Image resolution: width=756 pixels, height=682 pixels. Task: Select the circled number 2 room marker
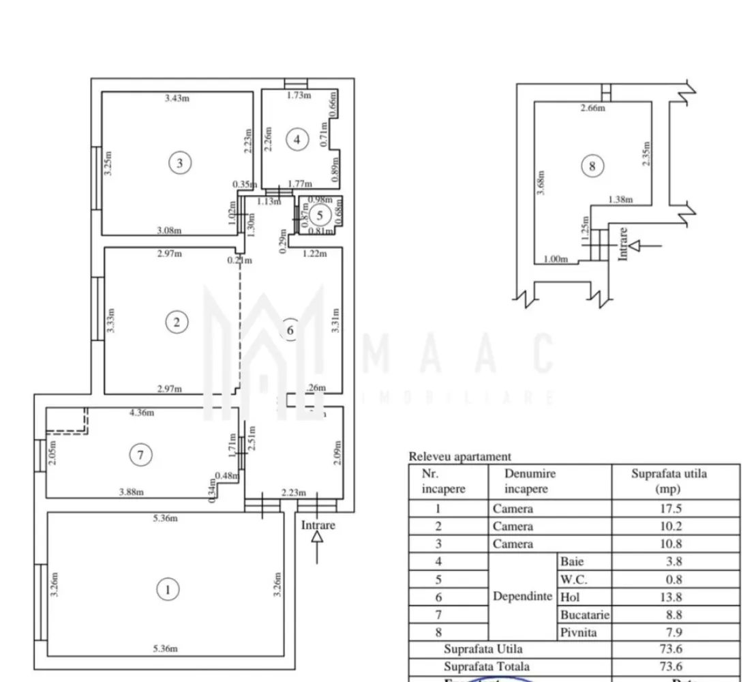click(x=177, y=322)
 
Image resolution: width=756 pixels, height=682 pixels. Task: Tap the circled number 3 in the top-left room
click(x=180, y=162)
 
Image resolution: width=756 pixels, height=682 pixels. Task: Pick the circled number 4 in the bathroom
click(x=297, y=140)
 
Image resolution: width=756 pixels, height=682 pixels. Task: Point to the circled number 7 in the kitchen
click(x=141, y=455)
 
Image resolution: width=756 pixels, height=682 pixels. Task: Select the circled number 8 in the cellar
click(x=592, y=166)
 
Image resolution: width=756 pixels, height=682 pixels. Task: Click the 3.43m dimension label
click(x=177, y=98)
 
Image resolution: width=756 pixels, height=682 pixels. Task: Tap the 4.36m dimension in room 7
click(x=142, y=412)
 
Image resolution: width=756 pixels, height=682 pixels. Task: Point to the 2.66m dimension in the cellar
click(x=592, y=107)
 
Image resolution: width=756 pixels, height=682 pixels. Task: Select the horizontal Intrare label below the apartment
click(x=318, y=525)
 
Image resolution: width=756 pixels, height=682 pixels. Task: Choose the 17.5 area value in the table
click(x=676, y=509)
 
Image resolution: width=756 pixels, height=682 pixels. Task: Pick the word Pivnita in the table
click(x=578, y=632)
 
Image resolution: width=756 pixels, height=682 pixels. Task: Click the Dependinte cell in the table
click(x=522, y=596)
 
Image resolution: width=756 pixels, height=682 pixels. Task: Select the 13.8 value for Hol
click(x=676, y=597)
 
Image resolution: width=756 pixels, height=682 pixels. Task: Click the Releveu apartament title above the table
click(x=459, y=457)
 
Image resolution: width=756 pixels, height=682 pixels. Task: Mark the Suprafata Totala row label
click(x=486, y=666)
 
